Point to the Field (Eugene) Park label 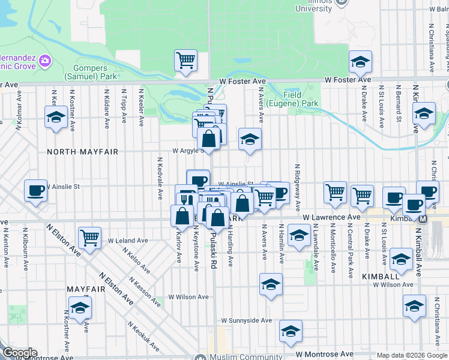pyautogui.click(x=301, y=99)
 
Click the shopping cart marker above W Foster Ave pyautogui.click(x=186, y=60)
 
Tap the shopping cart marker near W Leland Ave pyautogui.click(x=89, y=236)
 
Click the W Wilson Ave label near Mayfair pyautogui.click(x=188, y=297)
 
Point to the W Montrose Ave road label pyautogui.click(x=324, y=355)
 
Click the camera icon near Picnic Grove pyautogui.click(x=46, y=61)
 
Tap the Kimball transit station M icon pyautogui.click(x=423, y=218)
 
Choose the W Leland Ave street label pyautogui.click(x=128, y=241)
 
